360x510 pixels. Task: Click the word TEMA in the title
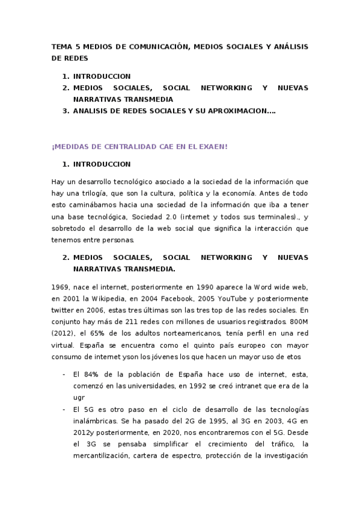tap(61, 47)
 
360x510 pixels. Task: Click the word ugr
tap(78, 397)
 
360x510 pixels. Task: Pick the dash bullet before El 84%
tap(64, 374)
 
